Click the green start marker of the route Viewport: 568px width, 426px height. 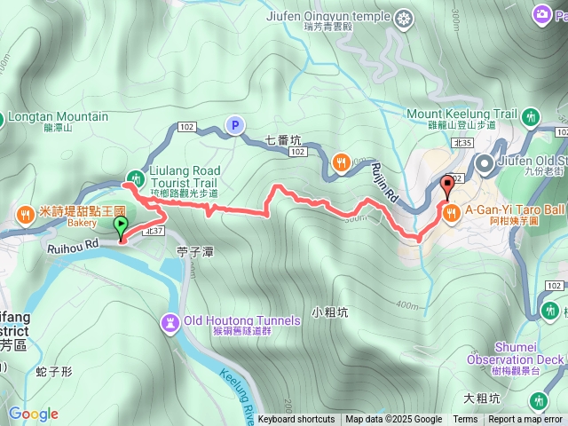click(121, 227)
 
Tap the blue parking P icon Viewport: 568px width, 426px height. click(235, 126)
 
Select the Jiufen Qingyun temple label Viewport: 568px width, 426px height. click(327, 15)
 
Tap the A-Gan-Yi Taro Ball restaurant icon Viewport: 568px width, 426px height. click(451, 211)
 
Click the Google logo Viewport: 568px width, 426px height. click(33, 414)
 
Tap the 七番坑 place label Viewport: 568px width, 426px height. click(284, 139)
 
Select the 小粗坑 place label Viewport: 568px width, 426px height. click(330, 312)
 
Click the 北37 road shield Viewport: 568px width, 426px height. click(154, 230)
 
